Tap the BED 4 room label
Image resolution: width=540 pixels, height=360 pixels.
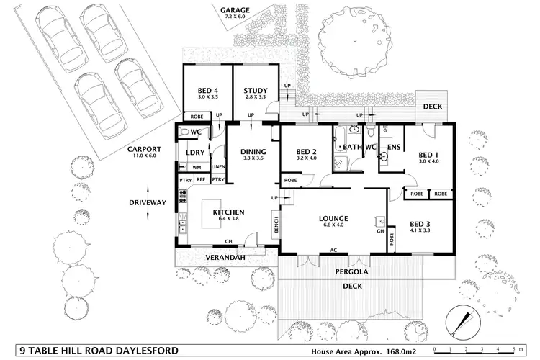[207, 90]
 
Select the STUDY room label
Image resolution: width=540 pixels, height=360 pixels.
[256, 90]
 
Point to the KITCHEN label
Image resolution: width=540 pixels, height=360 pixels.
[228, 212]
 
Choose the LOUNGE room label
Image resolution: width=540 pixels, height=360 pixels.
[333, 218]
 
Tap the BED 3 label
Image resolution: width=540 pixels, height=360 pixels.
[420, 223]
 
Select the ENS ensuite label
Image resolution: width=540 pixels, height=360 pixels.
[393, 147]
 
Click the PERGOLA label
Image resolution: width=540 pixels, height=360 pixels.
[352, 272]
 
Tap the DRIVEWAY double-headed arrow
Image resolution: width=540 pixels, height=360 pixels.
[148, 203]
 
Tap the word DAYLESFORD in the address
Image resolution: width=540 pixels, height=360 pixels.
[140, 331]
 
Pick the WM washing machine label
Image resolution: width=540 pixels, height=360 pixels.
[196, 167]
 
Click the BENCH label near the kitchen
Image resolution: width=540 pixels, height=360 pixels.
[275, 225]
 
